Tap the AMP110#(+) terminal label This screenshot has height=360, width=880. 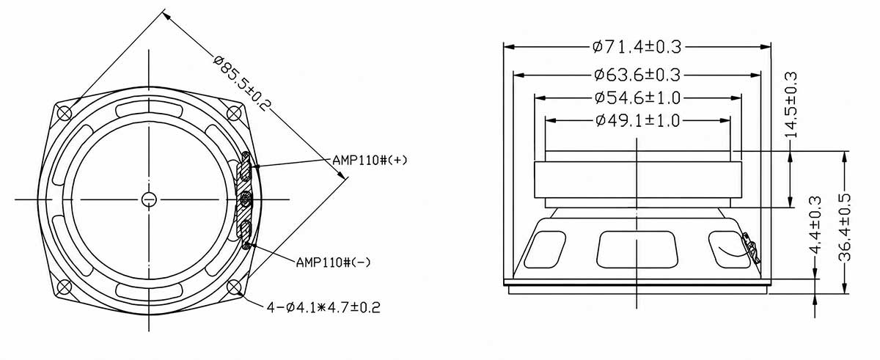(370, 160)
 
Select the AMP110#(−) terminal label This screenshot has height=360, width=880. (333, 262)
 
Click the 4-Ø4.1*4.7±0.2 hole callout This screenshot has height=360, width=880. (323, 307)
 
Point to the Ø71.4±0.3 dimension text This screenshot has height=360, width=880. (637, 47)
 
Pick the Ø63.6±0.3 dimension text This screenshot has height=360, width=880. (637, 75)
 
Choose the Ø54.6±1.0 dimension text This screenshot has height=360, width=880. (637, 98)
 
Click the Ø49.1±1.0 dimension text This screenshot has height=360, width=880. (637, 120)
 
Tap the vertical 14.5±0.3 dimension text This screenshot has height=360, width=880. (791, 105)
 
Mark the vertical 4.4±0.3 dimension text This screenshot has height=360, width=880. (815, 225)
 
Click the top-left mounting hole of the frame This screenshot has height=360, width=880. (65, 114)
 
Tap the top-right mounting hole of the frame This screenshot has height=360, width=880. (234, 114)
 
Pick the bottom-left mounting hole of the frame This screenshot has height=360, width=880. (65, 287)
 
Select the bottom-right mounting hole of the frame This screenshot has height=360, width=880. (234, 287)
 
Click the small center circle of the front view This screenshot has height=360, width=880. (149, 199)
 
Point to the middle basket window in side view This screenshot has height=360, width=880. (637, 250)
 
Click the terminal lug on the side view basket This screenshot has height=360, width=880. (750, 248)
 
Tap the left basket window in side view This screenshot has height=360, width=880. (545, 250)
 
